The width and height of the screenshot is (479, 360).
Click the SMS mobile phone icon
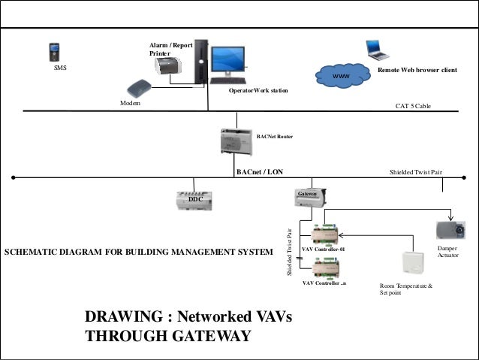[x=54, y=52]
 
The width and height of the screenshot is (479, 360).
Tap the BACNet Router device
[x=235, y=140]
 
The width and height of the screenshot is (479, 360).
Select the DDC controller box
[x=194, y=199]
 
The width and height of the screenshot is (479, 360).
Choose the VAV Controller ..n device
[x=328, y=268]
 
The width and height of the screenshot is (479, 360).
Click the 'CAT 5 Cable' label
[x=413, y=107]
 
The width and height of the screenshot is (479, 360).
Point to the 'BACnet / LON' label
[x=260, y=171]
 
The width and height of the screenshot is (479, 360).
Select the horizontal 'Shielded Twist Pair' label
[x=415, y=172]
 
